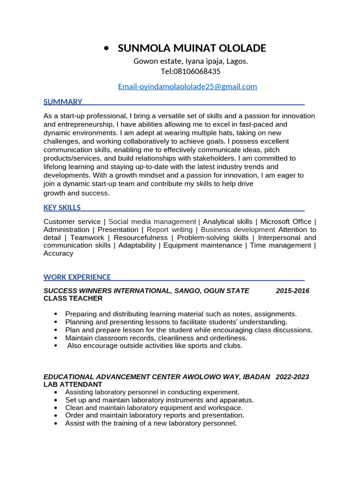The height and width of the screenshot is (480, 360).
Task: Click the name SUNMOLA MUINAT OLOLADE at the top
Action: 192,48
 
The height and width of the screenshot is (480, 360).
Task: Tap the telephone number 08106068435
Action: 197,71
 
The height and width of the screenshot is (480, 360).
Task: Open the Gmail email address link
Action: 187,86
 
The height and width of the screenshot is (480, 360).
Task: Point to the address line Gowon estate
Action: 191,61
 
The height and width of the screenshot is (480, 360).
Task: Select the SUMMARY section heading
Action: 63,102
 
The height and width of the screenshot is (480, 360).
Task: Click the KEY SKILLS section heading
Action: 62,207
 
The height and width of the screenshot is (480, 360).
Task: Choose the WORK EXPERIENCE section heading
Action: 77,277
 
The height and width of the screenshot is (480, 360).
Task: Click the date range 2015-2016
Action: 292,291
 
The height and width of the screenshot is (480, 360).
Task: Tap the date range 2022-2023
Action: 292,377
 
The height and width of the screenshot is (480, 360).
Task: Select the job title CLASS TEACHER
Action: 73,298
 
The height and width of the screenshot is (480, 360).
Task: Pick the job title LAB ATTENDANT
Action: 73,384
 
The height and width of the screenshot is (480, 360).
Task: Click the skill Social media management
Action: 152,222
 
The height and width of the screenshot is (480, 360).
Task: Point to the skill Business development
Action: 238,230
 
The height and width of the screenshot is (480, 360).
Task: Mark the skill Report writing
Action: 170,230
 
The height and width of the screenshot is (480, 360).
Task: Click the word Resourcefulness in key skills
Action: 141,238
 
